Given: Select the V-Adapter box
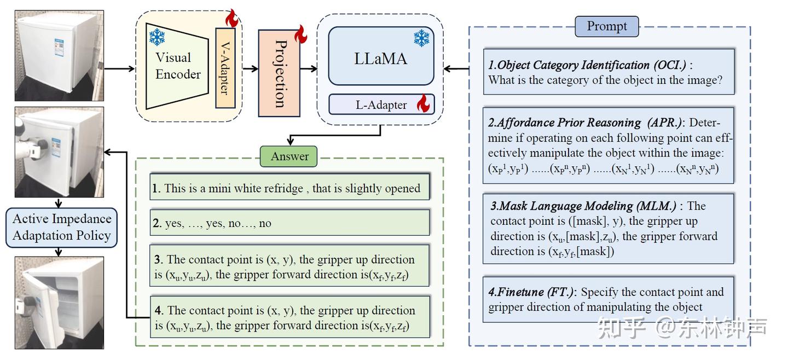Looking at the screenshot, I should [225, 68].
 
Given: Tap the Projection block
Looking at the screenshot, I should [279, 73].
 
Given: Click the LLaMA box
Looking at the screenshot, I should [381, 57].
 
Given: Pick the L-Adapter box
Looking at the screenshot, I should [381, 104].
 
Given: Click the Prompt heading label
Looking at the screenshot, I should [606, 26].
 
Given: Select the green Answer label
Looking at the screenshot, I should [289, 156].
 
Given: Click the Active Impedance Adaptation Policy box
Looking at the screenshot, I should [61, 227].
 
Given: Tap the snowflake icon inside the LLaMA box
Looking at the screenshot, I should [421, 38].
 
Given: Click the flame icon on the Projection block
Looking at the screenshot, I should [300, 34].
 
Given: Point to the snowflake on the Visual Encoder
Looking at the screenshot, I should [157, 37].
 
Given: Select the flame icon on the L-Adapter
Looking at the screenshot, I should [423, 104].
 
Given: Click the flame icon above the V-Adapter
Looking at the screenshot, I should [232, 19].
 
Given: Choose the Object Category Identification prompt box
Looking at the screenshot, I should [607, 72].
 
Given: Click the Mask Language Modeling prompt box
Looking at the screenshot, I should [607, 229].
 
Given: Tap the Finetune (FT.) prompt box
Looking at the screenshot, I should [607, 299].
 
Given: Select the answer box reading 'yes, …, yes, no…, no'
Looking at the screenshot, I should [289, 223].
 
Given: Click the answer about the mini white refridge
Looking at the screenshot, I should [289, 188].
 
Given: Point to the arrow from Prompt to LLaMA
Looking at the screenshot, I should [456, 69].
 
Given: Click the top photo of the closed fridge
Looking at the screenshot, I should [59, 55].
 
